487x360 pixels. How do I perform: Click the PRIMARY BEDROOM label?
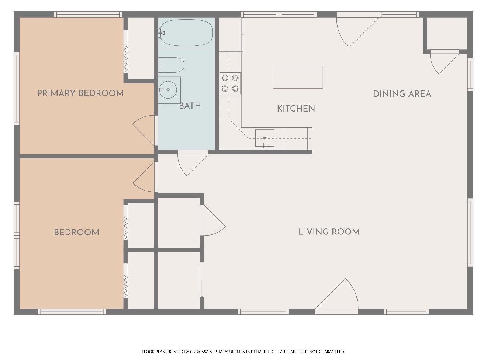pos(80,93)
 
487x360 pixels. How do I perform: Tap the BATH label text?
pos(190,106)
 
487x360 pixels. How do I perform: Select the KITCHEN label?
pos(296,108)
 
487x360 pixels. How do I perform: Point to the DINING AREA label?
pos(402,94)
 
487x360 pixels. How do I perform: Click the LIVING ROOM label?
pos(329,232)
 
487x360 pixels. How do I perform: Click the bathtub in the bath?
pos(186,32)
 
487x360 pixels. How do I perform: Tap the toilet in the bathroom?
pos(171,65)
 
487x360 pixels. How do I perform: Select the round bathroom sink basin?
pos(168,90)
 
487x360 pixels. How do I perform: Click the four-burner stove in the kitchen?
pos(230,83)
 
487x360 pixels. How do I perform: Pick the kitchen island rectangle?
pos(298,77)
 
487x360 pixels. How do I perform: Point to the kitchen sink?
pos(265,138)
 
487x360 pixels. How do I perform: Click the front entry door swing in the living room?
pos(336,295)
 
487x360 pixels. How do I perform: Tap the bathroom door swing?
pos(193,162)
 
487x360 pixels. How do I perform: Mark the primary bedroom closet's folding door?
pos(125,59)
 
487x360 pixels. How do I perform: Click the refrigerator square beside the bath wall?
pos(231,34)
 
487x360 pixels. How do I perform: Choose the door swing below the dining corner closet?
pos(444,62)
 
